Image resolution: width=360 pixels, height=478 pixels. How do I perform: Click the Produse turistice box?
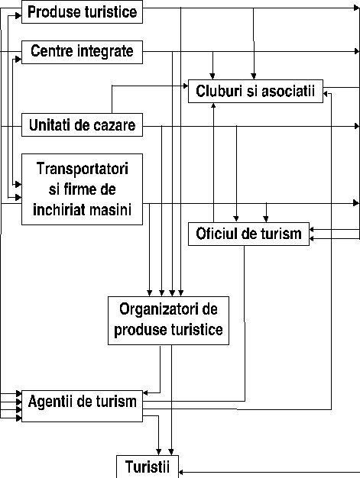[82, 12]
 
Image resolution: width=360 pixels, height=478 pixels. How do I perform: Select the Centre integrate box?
[82, 52]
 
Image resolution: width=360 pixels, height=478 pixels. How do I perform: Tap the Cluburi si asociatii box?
[255, 91]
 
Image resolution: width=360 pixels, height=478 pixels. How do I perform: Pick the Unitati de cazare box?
[82, 125]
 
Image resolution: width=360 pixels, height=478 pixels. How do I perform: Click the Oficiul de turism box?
[248, 234]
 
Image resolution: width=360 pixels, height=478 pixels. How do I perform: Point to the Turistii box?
[148, 467]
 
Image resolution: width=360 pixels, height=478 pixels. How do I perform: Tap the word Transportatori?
[83, 169]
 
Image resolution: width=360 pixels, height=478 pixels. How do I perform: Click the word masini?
[105, 210]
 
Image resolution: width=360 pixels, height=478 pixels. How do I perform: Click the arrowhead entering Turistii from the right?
[180, 472]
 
